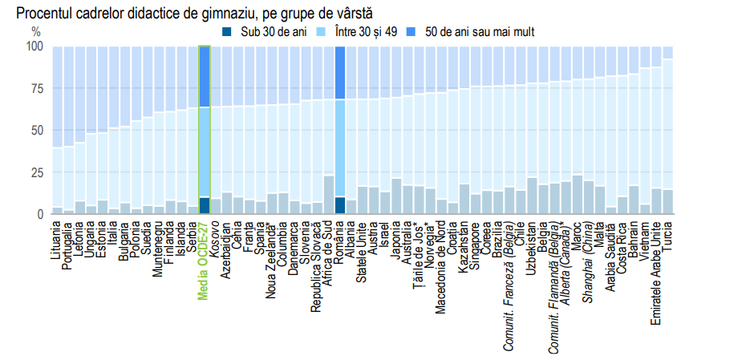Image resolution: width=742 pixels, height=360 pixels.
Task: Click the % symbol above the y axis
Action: pyautogui.click(x=35, y=32)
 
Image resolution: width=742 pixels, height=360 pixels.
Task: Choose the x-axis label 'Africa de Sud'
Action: pyautogui.click(x=329, y=252)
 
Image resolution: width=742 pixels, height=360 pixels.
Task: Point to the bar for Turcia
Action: pyautogui.click(x=667, y=136)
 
